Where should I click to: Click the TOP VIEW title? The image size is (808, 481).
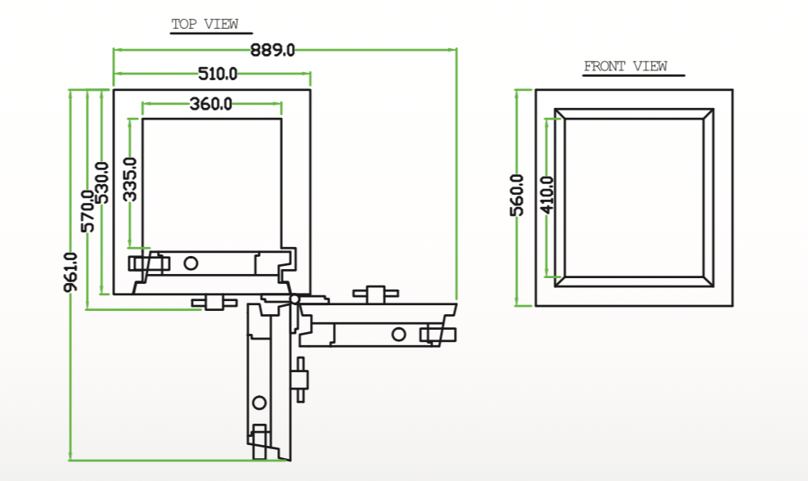[x=204, y=25]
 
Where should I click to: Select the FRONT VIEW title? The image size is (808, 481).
[x=626, y=67]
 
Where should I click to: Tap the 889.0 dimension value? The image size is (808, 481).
[x=272, y=50]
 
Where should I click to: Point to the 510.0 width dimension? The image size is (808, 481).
[x=218, y=74]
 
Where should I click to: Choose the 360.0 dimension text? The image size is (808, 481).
[x=211, y=104]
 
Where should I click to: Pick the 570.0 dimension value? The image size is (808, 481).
[x=88, y=210]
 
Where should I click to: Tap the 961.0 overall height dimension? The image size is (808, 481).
[x=71, y=272]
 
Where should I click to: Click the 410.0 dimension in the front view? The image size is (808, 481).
[x=547, y=195]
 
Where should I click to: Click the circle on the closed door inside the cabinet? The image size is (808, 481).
[x=191, y=263]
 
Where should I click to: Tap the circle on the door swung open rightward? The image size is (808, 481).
[x=398, y=333]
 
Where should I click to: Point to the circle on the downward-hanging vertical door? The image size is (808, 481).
[x=259, y=402]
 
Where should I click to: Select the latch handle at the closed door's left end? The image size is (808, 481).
[x=148, y=263]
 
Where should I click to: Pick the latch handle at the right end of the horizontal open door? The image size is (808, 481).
[x=438, y=333]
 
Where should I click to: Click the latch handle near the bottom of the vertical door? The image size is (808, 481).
[x=260, y=440]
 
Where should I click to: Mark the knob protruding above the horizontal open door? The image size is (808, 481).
[x=375, y=294]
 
